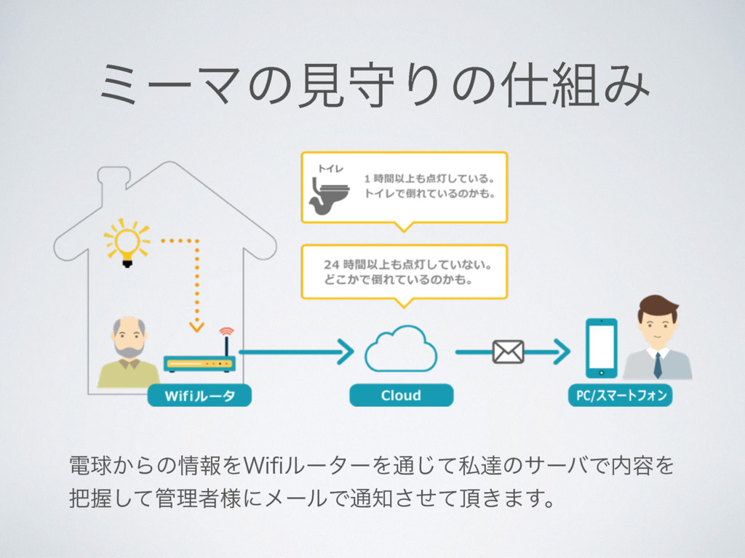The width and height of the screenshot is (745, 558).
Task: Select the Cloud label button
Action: pyautogui.click(x=401, y=395)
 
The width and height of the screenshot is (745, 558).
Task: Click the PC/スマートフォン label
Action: pyautogui.click(x=620, y=395)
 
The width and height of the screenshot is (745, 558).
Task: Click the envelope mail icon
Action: pyautogui.click(x=508, y=352)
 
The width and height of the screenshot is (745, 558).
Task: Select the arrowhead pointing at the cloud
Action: pyautogui.click(x=346, y=352)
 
